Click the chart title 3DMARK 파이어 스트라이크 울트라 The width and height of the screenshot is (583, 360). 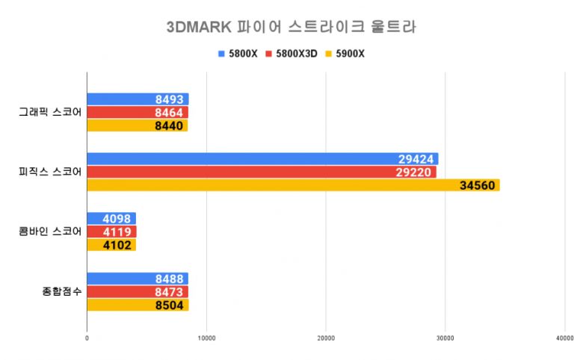point(291,28)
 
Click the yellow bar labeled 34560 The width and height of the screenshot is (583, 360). point(293,185)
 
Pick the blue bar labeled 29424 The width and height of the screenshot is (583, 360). point(262,159)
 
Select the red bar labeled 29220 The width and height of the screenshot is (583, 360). point(262,172)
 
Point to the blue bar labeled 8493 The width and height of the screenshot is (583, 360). point(138,99)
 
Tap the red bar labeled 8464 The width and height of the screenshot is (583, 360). point(138,112)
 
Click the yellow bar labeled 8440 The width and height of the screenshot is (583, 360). point(138,125)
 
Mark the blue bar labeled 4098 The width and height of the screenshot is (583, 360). point(111,219)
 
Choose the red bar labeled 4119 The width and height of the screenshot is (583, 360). point(111,232)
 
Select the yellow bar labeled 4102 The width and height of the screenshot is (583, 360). point(111,245)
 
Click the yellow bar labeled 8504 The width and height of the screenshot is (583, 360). point(138,305)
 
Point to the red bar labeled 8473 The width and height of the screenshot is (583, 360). point(138,291)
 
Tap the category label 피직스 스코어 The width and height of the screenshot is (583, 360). point(50,172)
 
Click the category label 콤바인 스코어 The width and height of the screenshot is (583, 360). point(50,232)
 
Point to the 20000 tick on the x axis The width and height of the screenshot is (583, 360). point(326,339)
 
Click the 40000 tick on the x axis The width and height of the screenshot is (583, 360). point(564,339)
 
